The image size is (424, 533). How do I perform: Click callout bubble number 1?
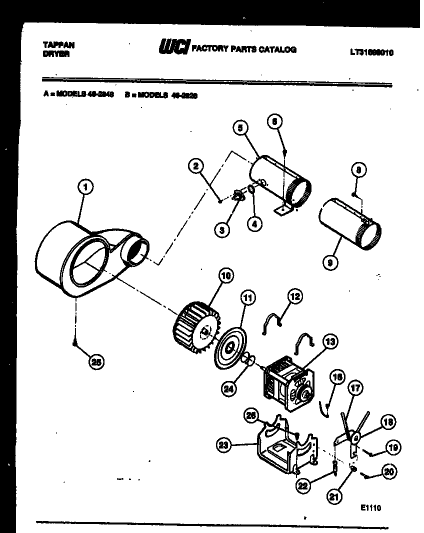tap(85, 187)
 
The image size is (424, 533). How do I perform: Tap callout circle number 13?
tap(329, 342)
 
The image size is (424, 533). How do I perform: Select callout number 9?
tap(329, 261)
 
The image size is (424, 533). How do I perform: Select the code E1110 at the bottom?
tap(370, 508)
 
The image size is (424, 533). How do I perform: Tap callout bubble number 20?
tap(389, 471)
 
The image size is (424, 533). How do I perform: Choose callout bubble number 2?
tap(196, 166)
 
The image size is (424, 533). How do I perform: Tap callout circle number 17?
tap(355, 387)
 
